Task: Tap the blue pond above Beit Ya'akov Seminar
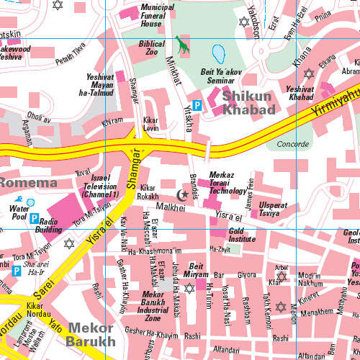(218, 54)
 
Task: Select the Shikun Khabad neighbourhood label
(248, 102)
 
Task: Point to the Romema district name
(29, 183)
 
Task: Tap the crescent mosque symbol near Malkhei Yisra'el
(182, 194)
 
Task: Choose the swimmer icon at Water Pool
(30, 202)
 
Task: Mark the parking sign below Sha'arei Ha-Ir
(16, 271)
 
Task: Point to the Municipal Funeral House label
(157, 15)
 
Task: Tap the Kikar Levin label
(150, 123)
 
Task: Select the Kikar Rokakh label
(148, 192)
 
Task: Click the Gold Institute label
(242, 235)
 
